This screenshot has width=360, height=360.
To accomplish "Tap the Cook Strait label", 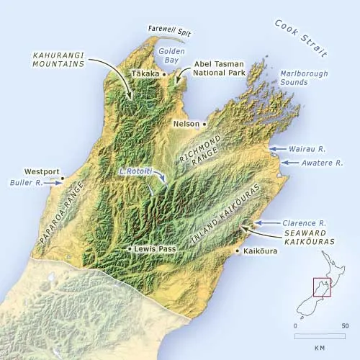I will click(x=300, y=40).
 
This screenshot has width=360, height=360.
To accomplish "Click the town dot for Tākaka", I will click(x=165, y=74).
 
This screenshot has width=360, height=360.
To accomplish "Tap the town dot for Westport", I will click(x=63, y=178).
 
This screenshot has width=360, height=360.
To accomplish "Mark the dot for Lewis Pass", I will click(x=129, y=248).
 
